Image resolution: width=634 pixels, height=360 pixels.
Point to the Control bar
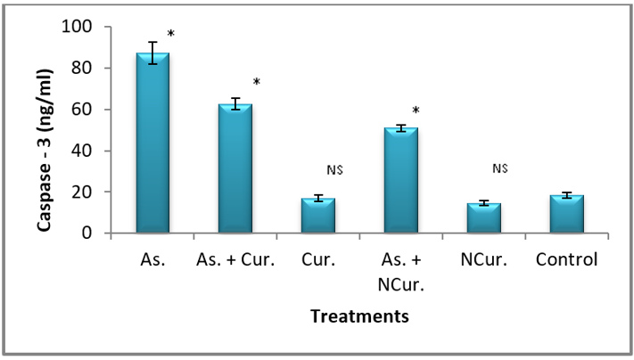(567, 214)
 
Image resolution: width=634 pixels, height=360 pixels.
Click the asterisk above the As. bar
(171, 35)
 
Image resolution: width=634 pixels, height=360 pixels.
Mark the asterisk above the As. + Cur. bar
(256, 83)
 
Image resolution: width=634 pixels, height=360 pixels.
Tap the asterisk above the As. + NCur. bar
(416, 111)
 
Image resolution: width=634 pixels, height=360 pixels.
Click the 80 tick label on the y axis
(87, 68)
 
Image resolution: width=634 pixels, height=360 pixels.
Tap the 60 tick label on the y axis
(87, 110)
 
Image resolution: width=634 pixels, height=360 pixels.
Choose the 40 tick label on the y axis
(87, 151)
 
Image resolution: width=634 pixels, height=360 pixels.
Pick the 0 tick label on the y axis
(92, 233)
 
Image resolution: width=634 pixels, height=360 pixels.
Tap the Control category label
(567, 259)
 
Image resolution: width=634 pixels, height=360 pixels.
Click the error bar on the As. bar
(152, 53)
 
